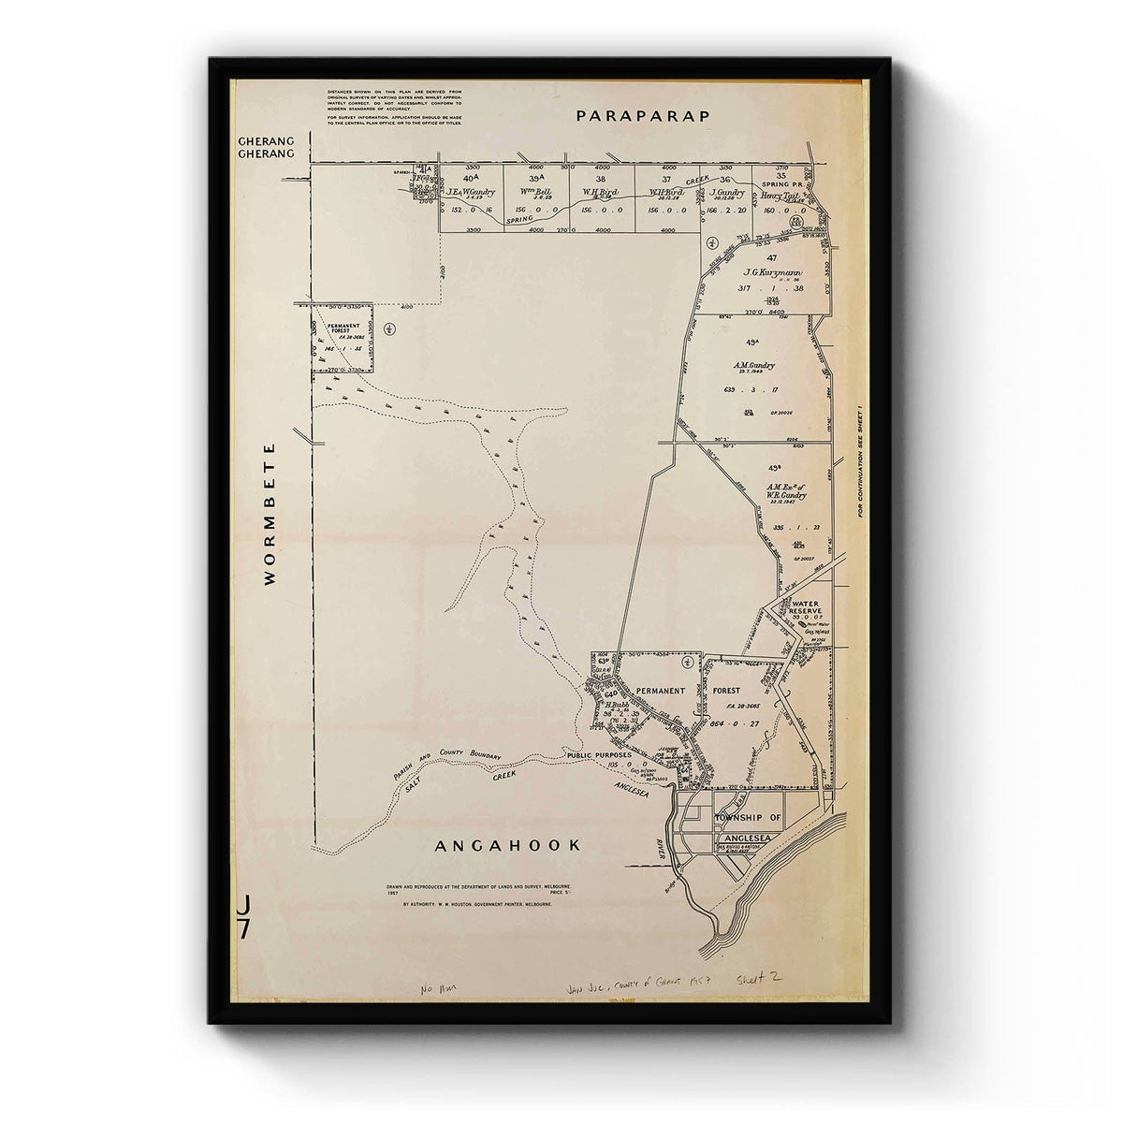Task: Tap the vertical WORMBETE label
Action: click(x=270, y=514)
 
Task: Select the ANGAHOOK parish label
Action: click(x=507, y=846)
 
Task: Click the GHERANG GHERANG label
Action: click(x=266, y=148)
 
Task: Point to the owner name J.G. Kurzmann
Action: click(x=773, y=272)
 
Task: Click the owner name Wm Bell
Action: click(x=537, y=191)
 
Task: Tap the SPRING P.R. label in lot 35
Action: click(x=783, y=185)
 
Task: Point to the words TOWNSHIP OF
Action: click(x=747, y=818)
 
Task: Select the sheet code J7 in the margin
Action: click(x=243, y=917)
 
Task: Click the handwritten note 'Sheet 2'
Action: click(x=761, y=977)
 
